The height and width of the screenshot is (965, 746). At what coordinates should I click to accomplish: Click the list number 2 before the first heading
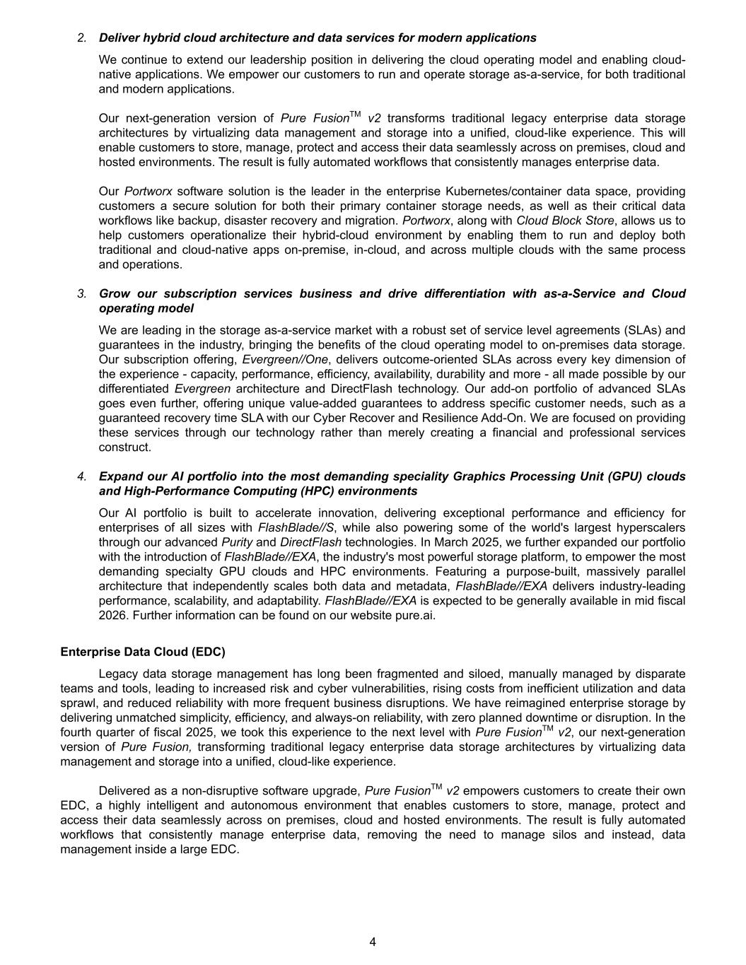(82, 37)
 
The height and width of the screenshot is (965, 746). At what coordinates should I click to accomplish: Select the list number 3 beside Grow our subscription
(82, 293)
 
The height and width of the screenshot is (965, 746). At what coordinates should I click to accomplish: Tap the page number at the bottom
(373, 942)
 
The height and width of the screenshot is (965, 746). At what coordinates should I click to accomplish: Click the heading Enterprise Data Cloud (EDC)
(143, 651)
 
